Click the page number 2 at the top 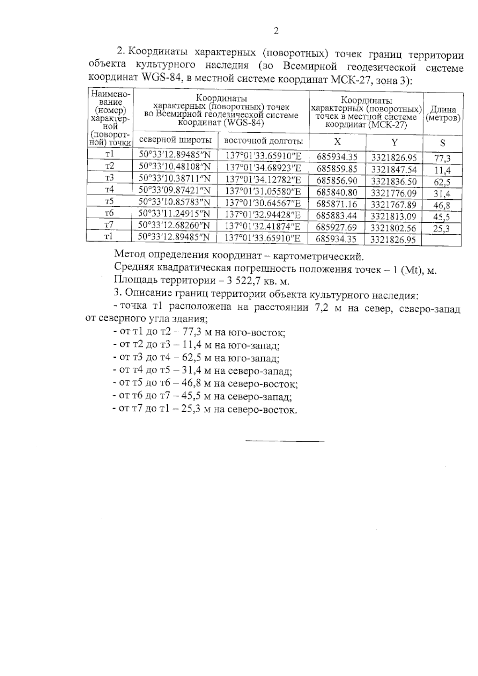276,31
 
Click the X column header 337,142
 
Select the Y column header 394,143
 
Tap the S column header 442,143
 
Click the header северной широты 175,141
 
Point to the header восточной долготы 263,141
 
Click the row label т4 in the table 109,189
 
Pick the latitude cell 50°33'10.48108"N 174,167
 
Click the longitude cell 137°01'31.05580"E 263,192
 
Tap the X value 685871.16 337,204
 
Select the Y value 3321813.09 393,216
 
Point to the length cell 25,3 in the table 442,229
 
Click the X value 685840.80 337,193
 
